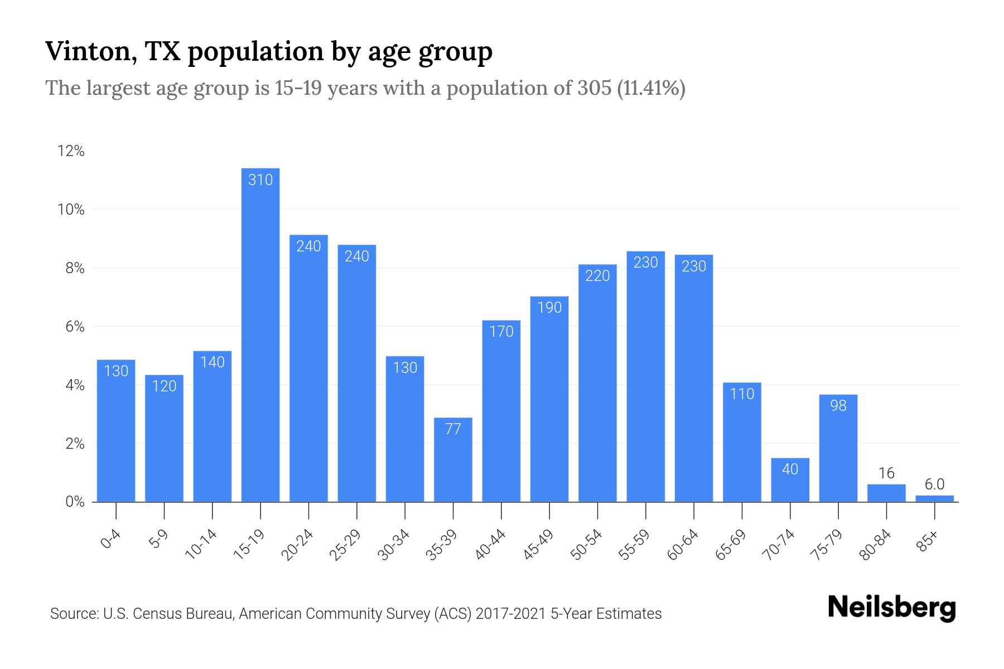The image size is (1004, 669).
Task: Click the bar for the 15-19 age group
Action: coord(260,334)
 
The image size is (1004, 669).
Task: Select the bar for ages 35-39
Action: coord(453,460)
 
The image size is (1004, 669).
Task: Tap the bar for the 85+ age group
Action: coord(934,498)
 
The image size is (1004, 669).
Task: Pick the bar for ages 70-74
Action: coord(790,480)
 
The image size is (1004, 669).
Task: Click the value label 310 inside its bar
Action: coord(260,180)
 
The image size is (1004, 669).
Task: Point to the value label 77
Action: coord(453,429)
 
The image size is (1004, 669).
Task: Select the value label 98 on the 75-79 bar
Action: coord(838,406)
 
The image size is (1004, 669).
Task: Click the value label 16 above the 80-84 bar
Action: coord(886,473)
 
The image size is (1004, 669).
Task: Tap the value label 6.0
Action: coord(934,484)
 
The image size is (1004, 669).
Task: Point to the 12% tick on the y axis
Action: coord(71,151)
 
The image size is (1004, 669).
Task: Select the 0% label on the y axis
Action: coord(75,502)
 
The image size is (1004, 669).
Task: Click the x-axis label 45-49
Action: coord(538,545)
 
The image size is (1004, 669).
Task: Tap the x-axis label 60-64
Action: coord(683,545)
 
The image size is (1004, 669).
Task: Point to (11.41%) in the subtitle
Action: coord(651,88)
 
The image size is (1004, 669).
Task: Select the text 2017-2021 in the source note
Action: coord(510,614)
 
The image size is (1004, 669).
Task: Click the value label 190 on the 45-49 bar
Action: coord(549,308)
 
